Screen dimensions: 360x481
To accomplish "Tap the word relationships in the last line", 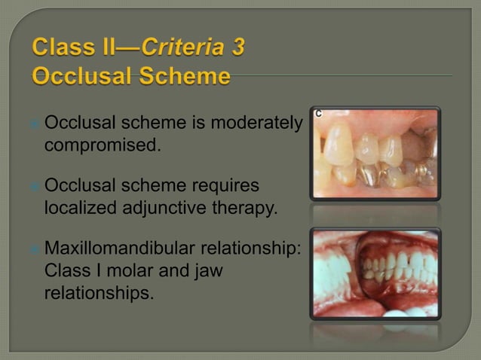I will (99, 292).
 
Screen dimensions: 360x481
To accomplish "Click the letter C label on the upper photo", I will (318, 114).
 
